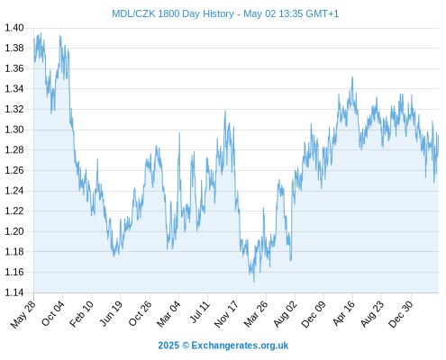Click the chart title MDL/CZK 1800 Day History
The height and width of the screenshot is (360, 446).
[x=173, y=13]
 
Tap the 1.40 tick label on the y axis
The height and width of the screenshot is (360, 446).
[x=14, y=28]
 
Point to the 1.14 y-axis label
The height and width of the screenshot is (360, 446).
[x=14, y=292]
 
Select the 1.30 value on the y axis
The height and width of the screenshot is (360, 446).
[x=14, y=130]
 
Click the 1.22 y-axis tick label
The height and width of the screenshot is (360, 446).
[x=14, y=211]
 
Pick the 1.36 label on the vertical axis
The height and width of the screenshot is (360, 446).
[x=14, y=68]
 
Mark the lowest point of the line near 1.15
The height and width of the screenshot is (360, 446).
[x=254, y=282]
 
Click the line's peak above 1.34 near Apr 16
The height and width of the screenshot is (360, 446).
[x=352, y=77]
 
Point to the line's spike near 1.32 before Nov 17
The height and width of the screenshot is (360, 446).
[x=225, y=111]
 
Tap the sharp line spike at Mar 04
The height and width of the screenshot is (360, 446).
[x=179, y=133]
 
